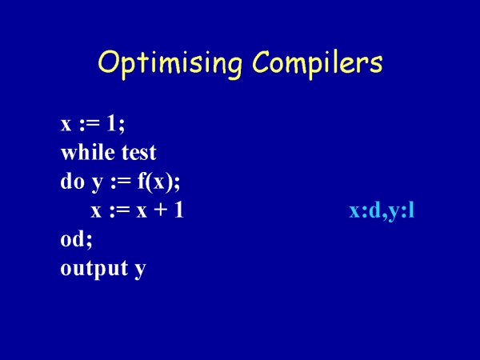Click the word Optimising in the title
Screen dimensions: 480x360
(170, 64)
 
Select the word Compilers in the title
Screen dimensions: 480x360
(318, 64)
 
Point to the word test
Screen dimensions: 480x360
(139, 152)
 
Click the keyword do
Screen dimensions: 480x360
(72, 181)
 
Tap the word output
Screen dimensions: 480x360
(94, 269)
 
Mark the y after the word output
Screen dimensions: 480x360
(140, 271)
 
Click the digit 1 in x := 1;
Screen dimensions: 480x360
(111, 124)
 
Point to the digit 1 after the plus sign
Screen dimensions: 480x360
(178, 210)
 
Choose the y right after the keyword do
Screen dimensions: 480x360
(98, 184)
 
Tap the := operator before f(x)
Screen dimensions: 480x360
(121, 183)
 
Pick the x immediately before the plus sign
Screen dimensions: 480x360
(142, 212)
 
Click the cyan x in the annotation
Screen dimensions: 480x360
(355, 212)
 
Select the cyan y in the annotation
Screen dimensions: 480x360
(395, 214)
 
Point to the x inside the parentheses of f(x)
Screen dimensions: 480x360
(158, 183)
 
